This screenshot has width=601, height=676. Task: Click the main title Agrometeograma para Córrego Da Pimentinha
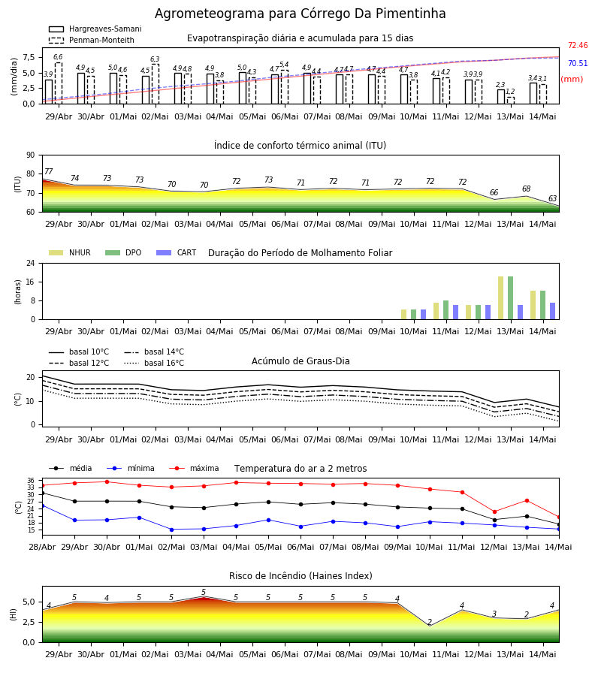[x=300, y=14]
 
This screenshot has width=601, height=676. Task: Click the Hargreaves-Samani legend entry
[x=95, y=29]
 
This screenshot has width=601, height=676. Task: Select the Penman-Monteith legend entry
[x=92, y=40]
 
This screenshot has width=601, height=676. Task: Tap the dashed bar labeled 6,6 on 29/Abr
[x=58, y=83]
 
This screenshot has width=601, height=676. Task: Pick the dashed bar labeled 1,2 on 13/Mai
[x=510, y=101]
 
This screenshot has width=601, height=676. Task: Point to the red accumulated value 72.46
[x=578, y=45]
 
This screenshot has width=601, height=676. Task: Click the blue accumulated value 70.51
[x=578, y=63]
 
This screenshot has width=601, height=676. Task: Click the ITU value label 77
[x=48, y=171]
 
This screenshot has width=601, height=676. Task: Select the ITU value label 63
[x=552, y=198]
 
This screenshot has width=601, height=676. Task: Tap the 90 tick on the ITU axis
[x=31, y=155]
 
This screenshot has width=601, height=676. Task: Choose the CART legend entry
[x=177, y=252]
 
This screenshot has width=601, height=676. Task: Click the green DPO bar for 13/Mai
[x=510, y=298]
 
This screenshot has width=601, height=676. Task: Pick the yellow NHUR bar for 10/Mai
[x=403, y=314]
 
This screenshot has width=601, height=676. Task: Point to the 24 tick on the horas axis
[x=31, y=263]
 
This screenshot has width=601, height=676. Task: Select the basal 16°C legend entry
[x=154, y=363]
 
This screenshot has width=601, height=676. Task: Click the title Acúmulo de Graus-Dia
[x=300, y=361]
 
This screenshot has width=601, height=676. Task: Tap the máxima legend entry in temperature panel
[x=194, y=468]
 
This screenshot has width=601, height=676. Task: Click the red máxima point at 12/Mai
[x=494, y=512]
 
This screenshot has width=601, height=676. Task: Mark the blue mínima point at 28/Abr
[x=42, y=505]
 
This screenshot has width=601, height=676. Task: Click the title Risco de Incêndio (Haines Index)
[x=300, y=576]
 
